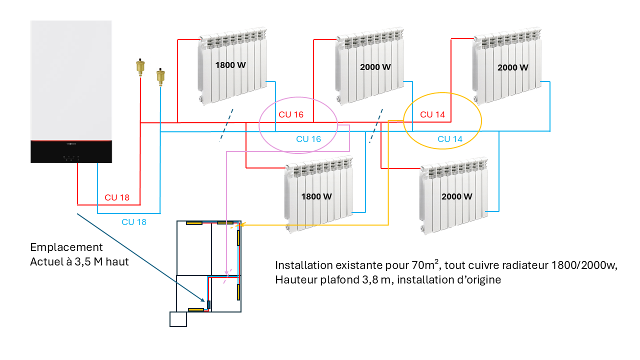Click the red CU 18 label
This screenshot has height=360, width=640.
coord(117,197)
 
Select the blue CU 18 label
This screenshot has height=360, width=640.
coord(134,222)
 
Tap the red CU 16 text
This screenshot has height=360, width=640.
coord(291,114)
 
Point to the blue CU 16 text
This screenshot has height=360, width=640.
coord(308,139)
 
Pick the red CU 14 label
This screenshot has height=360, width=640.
coord(432,114)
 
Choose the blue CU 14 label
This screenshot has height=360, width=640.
coord(450,139)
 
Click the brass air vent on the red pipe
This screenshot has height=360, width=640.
coord(140,66)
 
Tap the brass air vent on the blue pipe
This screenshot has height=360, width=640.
coord(160,76)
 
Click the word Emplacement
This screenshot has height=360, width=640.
coord(66,247)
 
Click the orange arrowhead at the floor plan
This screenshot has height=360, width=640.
coord(244,224)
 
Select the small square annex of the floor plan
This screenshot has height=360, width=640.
coord(178,319)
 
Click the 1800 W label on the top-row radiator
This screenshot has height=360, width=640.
coord(231,65)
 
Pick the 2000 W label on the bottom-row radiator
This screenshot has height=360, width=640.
coord(456,196)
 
